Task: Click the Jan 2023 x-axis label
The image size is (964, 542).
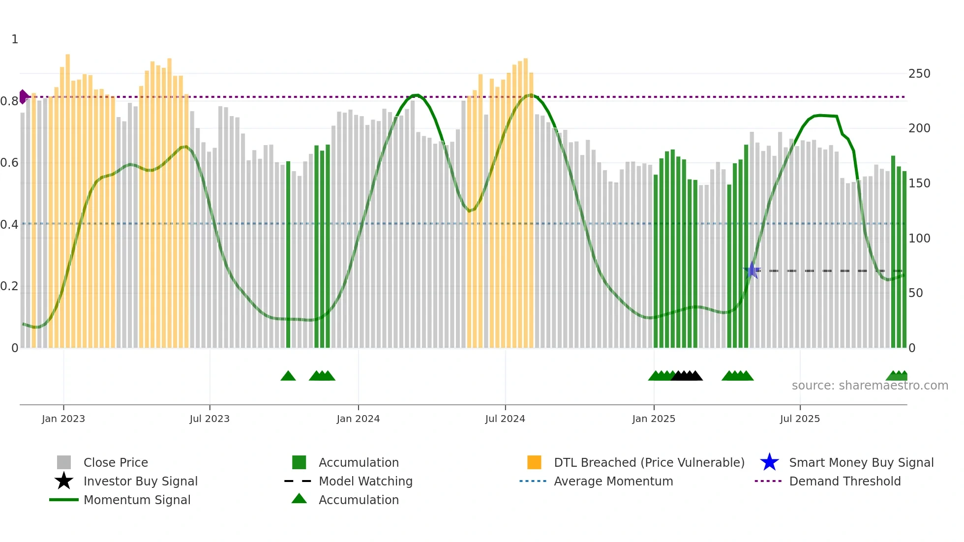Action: (63, 419)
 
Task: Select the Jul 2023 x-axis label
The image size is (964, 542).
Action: (210, 419)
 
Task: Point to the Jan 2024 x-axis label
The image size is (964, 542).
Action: (358, 419)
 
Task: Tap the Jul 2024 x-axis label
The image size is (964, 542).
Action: (505, 419)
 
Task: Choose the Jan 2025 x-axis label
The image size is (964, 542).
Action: (654, 419)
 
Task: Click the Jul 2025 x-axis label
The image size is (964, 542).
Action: (800, 419)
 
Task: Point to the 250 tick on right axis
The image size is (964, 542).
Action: (919, 74)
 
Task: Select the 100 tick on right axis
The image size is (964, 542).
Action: (919, 239)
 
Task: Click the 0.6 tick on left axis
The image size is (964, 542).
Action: (9, 163)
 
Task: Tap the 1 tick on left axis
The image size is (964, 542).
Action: (15, 39)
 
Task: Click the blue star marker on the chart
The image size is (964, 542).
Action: (752, 271)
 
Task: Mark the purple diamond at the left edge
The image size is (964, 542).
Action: (23, 97)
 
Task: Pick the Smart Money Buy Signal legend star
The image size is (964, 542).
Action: (769, 462)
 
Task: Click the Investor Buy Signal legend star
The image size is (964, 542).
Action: (64, 481)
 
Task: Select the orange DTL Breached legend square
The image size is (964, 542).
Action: (534, 462)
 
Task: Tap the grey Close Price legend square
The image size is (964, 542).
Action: (64, 462)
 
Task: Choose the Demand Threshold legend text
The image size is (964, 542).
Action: (845, 481)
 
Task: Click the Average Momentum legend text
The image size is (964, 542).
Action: (613, 481)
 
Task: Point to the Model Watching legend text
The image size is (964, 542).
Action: (365, 481)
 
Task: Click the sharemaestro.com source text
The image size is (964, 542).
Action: (870, 386)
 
